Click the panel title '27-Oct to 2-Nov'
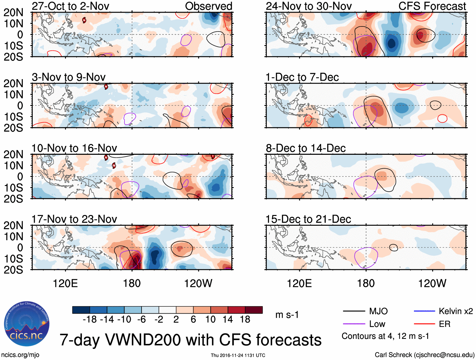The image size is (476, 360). (x=70, y=6)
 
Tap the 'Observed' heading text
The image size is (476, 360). (x=208, y=6)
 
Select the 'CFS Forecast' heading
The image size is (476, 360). (x=432, y=6)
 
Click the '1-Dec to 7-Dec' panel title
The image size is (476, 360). (x=302, y=77)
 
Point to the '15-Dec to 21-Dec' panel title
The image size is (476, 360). (x=308, y=219)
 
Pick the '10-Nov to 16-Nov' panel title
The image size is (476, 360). (x=74, y=148)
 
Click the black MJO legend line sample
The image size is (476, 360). (x=354, y=311)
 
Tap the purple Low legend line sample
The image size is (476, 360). (x=354, y=324)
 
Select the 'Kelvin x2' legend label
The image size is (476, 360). (x=456, y=311)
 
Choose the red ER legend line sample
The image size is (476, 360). (x=424, y=324)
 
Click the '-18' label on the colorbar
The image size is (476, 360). (x=90, y=320)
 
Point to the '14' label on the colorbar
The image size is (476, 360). (x=228, y=320)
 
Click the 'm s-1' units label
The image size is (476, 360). (x=287, y=315)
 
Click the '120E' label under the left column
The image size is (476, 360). (x=65, y=283)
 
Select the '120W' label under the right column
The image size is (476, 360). (x=432, y=283)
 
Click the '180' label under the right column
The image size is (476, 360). (x=366, y=283)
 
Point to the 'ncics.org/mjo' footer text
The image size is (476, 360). (x=20, y=355)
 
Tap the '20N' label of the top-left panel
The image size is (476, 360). (x=13, y=13)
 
